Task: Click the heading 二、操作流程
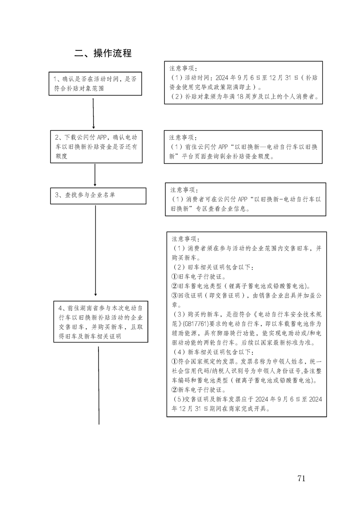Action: (x=103, y=53)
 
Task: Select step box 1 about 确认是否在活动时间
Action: (x=94, y=84)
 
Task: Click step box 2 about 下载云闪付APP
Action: (x=95, y=147)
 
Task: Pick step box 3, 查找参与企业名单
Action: (x=98, y=196)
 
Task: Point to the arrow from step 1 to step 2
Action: (x=94, y=113)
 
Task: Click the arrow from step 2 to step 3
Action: (x=95, y=175)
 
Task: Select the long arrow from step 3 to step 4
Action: (x=96, y=250)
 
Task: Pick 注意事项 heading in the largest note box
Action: (x=186, y=239)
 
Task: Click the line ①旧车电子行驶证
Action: (x=198, y=276)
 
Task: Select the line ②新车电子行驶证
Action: (x=198, y=389)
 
